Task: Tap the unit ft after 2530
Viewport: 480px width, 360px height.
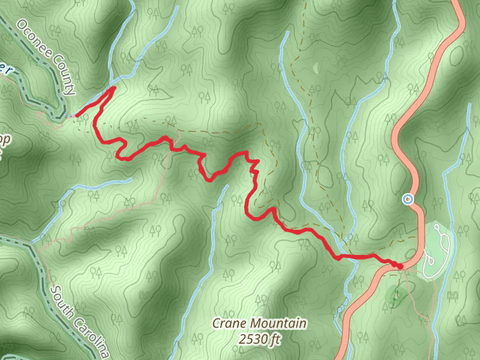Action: coord(275,340)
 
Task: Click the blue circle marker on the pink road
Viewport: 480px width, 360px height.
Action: coord(409,199)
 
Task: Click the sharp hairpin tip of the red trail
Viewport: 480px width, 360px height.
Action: coord(115,88)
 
